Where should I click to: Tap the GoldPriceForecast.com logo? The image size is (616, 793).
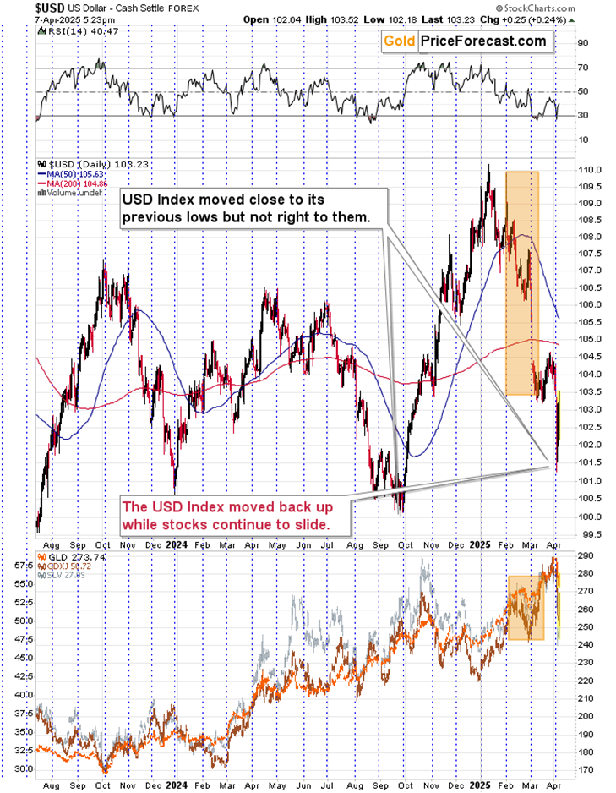[x=464, y=41]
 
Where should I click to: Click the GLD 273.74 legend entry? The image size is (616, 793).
[x=66, y=559]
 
